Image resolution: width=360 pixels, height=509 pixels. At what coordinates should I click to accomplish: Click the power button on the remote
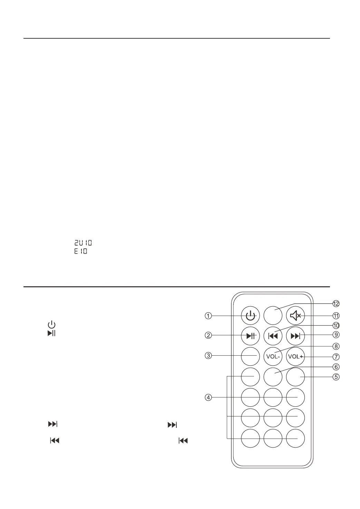(250, 316)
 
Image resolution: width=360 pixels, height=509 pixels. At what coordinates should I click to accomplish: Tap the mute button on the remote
(295, 316)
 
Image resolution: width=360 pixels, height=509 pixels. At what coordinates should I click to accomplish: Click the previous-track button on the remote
(273, 336)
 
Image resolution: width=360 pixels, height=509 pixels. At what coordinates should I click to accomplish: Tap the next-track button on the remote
(295, 336)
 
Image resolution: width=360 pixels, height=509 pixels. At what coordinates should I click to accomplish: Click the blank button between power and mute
(273, 316)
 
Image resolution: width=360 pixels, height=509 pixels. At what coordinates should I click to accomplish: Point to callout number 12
(336, 304)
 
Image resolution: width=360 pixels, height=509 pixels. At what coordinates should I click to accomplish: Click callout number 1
(208, 316)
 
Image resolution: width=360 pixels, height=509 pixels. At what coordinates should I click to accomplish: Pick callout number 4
(208, 397)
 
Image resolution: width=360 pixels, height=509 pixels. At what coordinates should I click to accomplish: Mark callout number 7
(336, 357)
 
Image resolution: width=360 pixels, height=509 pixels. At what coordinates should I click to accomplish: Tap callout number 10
(336, 325)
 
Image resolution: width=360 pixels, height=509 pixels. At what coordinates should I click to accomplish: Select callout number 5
(336, 377)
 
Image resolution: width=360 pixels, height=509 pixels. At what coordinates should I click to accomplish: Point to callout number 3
(208, 356)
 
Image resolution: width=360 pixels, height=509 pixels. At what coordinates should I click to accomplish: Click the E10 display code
(81, 251)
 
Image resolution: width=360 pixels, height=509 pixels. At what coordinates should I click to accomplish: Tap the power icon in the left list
(51, 325)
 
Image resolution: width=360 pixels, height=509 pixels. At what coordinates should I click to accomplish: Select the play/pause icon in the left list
(51, 333)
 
